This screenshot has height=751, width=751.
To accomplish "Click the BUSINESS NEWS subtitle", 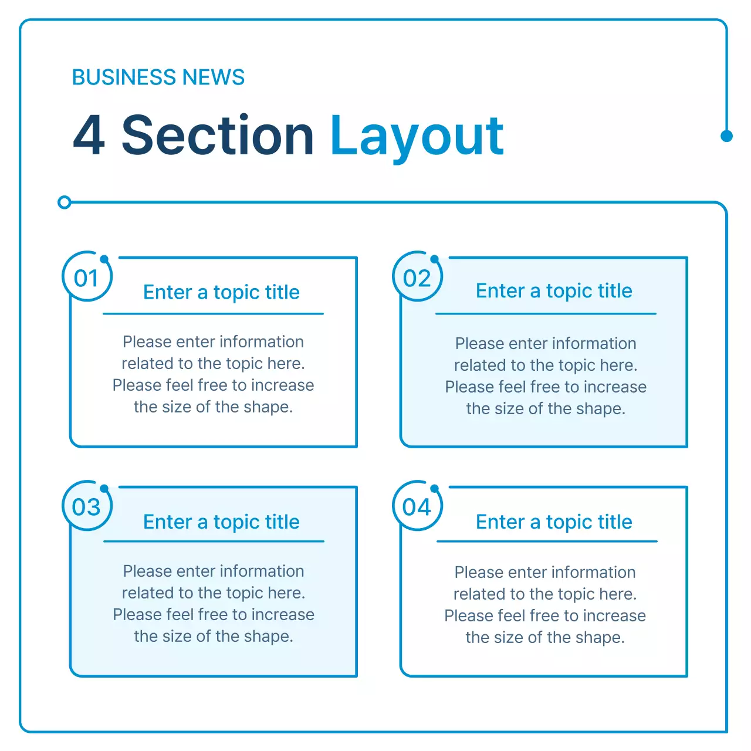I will click(158, 77).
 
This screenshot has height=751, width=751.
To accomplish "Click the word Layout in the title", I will click(417, 136).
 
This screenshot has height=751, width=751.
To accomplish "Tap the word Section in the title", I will click(218, 136).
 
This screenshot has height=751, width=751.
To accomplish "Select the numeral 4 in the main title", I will click(89, 136).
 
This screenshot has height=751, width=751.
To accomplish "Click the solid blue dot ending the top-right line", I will click(726, 136).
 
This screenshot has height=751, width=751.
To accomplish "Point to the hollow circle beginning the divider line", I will click(65, 202).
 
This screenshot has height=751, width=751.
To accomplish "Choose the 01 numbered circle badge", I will click(87, 278).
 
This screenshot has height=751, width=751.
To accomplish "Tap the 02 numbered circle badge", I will click(417, 278).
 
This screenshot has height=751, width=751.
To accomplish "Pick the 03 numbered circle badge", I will click(87, 507).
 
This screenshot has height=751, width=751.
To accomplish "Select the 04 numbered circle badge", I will click(417, 507).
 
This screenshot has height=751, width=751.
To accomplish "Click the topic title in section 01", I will click(221, 292).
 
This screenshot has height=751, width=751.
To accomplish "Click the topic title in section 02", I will click(554, 291).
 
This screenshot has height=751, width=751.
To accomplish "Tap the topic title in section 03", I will click(221, 522).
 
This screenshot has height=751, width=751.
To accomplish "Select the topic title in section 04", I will click(554, 522).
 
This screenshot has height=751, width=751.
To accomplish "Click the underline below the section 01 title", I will click(213, 314).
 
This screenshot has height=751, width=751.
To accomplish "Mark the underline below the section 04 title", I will click(547, 542).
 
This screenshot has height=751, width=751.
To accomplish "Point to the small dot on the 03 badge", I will click(104, 488).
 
